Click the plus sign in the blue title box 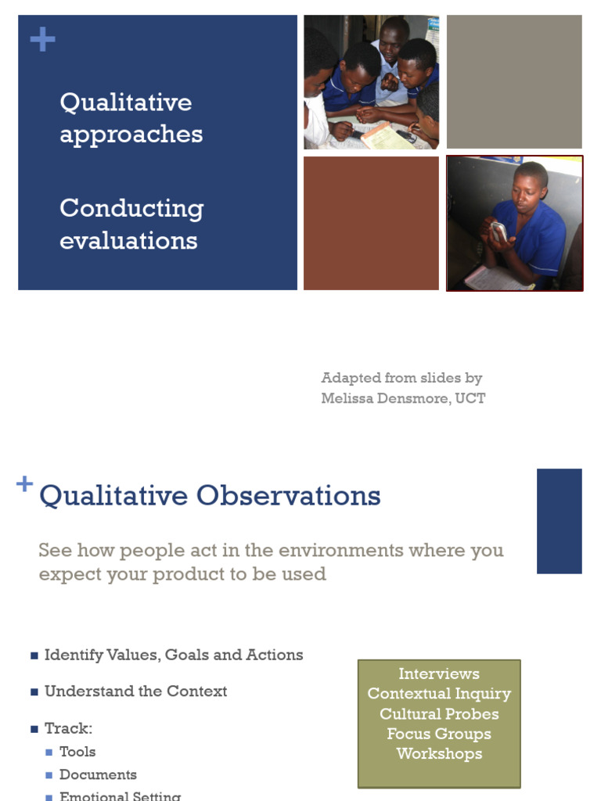(42, 40)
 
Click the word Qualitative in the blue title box (125, 102)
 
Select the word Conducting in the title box (131, 209)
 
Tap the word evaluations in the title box (128, 240)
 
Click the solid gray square (514, 81)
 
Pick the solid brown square (371, 223)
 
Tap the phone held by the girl (498, 231)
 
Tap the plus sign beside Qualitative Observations (25, 484)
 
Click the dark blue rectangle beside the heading (559, 521)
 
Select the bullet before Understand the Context (34, 692)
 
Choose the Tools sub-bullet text (77, 752)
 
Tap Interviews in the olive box (438, 673)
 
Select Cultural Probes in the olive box (438, 714)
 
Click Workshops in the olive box (438, 754)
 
